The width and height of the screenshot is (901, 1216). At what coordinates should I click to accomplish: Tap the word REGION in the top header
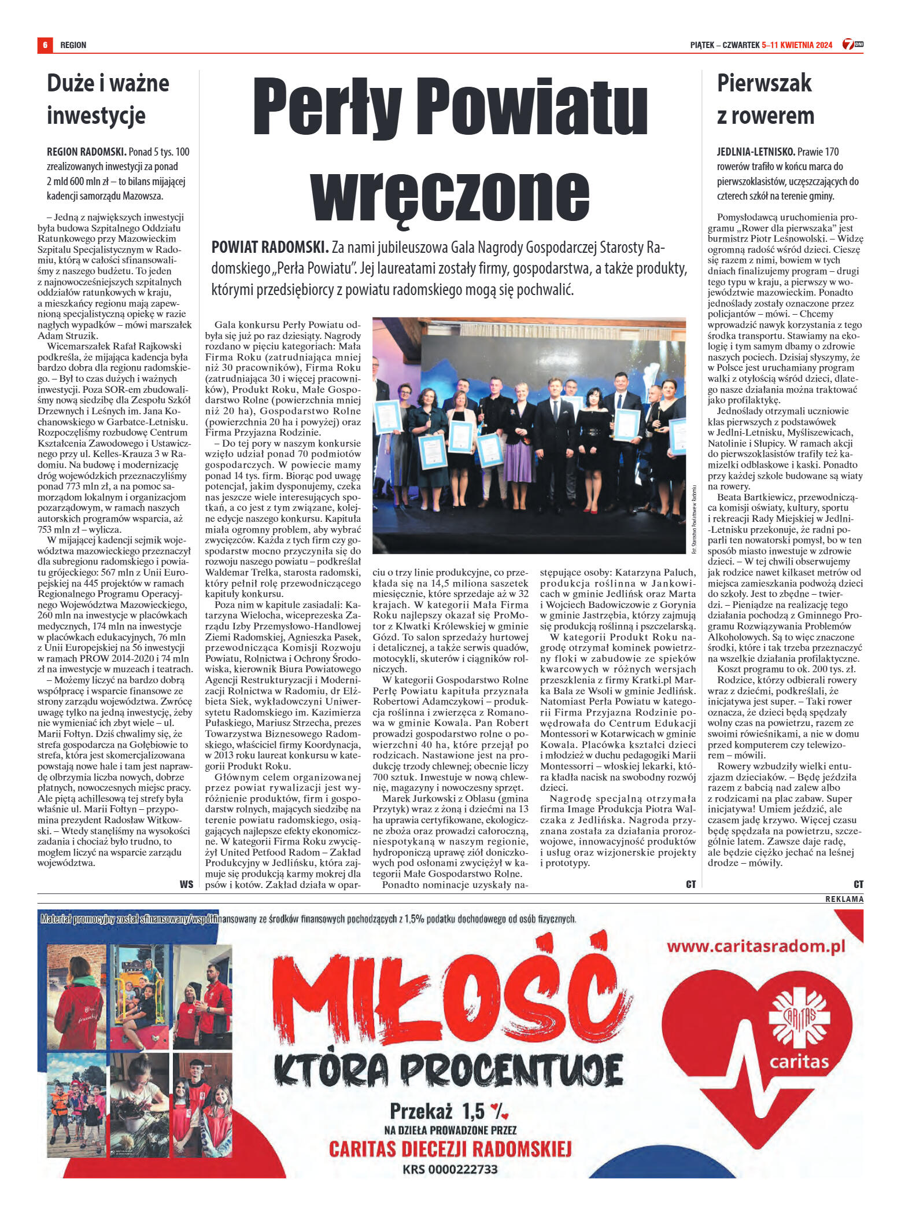(x=73, y=45)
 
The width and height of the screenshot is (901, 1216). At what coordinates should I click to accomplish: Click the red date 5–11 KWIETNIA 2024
(x=797, y=45)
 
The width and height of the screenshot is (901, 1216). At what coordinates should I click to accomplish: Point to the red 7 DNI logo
(x=852, y=44)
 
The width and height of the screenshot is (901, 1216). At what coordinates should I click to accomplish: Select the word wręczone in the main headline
(x=450, y=191)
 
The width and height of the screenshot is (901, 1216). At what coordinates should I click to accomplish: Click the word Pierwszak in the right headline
(x=764, y=83)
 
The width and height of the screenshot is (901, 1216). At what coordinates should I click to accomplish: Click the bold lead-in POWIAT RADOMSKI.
(x=269, y=248)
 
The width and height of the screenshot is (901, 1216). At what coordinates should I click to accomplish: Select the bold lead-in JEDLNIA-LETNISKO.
(x=755, y=152)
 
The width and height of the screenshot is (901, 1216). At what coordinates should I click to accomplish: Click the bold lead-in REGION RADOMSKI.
(x=86, y=152)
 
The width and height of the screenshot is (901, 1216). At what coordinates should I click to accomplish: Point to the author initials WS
(x=186, y=884)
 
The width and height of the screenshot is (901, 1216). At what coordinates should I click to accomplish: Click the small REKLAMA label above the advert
(x=844, y=899)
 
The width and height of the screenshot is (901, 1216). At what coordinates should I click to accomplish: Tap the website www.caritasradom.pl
(x=755, y=946)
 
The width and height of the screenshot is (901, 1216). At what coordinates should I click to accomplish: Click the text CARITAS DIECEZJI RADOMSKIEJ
(x=450, y=1148)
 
